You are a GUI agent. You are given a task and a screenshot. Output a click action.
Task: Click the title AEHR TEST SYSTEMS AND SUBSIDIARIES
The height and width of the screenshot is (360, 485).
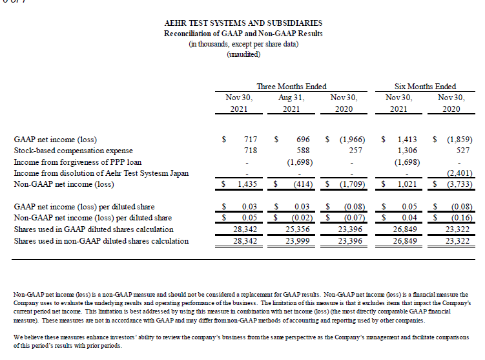pos(243,23)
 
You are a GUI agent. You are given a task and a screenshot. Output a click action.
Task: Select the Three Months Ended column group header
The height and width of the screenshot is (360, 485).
pos(291,86)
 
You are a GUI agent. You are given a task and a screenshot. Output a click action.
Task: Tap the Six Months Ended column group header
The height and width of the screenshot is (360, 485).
pos(425,86)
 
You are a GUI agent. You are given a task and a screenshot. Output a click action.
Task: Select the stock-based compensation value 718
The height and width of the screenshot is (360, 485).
pos(249,150)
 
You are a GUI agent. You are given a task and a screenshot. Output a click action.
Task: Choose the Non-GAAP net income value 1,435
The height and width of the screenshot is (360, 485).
pos(247,184)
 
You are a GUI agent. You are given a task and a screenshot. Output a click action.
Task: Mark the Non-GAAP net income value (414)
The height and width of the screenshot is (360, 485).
pos(300,184)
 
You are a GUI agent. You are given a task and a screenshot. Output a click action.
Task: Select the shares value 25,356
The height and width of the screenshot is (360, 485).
pos(298,229)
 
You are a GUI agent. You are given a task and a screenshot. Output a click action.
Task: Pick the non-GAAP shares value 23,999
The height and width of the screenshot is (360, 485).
pos(298,241)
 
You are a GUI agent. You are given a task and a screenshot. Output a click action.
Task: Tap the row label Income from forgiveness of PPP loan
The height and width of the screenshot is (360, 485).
pos(77,162)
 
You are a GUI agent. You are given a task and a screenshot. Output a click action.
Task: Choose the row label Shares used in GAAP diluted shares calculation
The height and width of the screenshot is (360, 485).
pos(94,229)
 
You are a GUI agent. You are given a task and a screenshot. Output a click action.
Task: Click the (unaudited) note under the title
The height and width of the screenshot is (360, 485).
pos(243,54)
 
